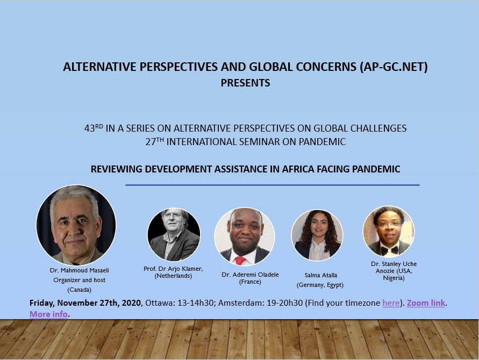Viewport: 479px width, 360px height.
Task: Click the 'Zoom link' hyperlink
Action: click(426, 303)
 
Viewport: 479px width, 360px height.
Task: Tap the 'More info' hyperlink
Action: click(48, 314)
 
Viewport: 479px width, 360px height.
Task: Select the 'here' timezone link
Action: click(391, 303)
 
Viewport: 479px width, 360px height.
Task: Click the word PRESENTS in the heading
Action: click(245, 83)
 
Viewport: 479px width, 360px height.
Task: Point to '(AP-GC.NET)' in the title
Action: click(394, 67)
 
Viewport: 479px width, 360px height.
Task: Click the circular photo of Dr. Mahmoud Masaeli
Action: click(76, 225)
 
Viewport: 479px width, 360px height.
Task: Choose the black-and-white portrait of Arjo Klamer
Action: click(174, 234)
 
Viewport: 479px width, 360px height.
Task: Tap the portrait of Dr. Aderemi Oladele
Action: click(245, 237)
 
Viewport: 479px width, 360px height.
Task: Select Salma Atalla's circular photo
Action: click(317, 235)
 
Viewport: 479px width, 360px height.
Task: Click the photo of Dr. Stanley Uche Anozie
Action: click(389, 232)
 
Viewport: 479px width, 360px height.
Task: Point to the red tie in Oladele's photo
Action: click(240, 261)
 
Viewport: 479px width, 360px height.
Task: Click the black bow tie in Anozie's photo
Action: click(389, 250)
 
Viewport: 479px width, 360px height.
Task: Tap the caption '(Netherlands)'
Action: click(173, 276)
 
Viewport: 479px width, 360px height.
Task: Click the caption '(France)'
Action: click(250, 282)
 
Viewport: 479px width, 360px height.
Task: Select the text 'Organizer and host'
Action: click(80, 280)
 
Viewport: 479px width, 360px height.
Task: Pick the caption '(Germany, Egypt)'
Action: click(320, 285)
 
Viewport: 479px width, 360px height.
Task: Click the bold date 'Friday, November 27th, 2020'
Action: click(85, 303)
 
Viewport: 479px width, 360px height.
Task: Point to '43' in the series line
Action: click(89, 128)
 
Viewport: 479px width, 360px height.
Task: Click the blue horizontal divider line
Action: click(272, 185)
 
